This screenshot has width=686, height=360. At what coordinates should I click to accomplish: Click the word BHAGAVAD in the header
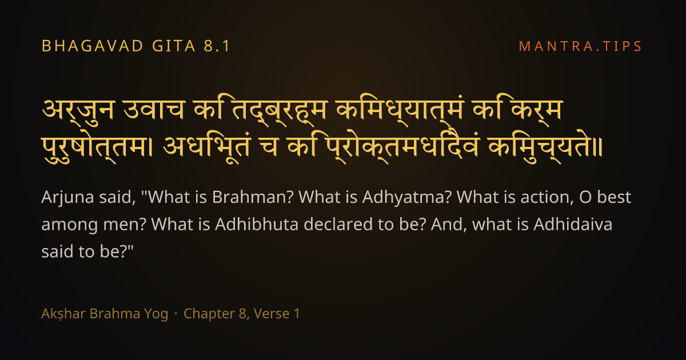click(93, 46)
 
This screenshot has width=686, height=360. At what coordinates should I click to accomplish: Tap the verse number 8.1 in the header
click(217, 46)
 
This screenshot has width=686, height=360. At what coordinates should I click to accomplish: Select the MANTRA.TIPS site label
click(580, 46)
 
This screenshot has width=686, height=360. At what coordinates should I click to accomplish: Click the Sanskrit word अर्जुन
click(79, 111)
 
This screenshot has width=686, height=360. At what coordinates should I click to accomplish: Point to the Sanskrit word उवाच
click(154, 110)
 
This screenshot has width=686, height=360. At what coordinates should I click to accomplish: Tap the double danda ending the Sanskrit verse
click(598, 147)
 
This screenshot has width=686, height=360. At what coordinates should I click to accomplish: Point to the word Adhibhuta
click(257, 225)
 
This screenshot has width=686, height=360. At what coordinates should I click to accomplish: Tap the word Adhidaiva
click(573, 225)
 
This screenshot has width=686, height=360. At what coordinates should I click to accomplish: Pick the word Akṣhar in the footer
click(63, 314)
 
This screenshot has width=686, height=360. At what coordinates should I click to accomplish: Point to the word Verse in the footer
click(272, 314)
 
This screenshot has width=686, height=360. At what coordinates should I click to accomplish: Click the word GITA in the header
click(174, 46)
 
